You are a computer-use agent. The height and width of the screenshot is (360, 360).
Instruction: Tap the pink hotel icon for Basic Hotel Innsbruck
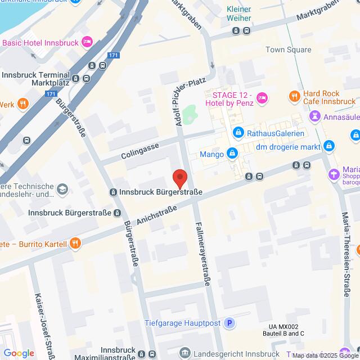click(x=87, y=42)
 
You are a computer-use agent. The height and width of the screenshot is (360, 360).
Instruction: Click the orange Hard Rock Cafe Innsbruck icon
click(x=294, y=97)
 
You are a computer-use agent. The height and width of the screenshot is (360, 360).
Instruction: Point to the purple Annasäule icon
click(x=314, y=116)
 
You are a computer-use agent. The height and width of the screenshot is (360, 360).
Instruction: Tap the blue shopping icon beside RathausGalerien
click(x=238, y=133)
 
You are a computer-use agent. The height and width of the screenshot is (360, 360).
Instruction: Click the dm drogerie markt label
click(x=288, y=147)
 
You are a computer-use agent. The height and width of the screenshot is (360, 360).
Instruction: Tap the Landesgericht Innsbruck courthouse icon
click(x=184, y=353)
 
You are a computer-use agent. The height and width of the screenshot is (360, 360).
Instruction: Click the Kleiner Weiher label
click(x=239, y=13)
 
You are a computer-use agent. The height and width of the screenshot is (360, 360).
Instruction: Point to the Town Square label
click(x=289, y=50)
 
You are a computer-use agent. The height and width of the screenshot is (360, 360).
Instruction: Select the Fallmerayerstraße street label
click(x=202, y=253)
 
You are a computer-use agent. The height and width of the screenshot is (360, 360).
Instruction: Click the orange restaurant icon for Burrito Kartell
click(x=74, y=244)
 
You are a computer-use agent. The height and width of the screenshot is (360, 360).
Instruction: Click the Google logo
click(x=19, y=353)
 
